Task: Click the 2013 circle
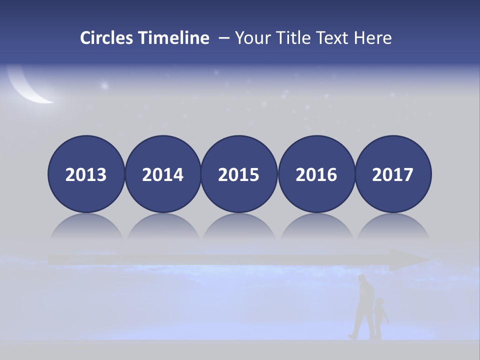(86, 174)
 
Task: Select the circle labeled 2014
(163, 174)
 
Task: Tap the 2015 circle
(239, 174)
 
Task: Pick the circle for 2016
(316, 174)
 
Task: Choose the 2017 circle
(393, 174)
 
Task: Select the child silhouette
(380, 316)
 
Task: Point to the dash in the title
(224, 38)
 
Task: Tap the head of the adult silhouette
(363, 279)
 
